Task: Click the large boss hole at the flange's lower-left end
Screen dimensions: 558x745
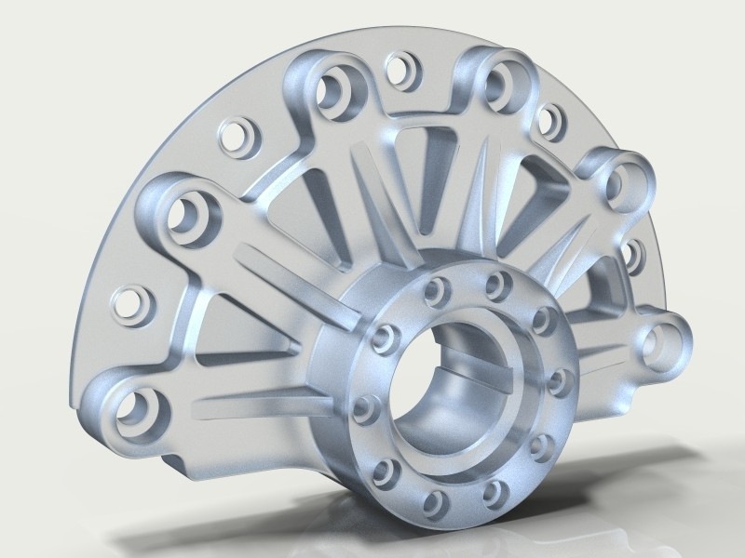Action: click(137, 408)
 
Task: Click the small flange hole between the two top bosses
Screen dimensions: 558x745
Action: click(401, 67)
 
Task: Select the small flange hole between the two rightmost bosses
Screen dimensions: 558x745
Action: click(635, 253)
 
